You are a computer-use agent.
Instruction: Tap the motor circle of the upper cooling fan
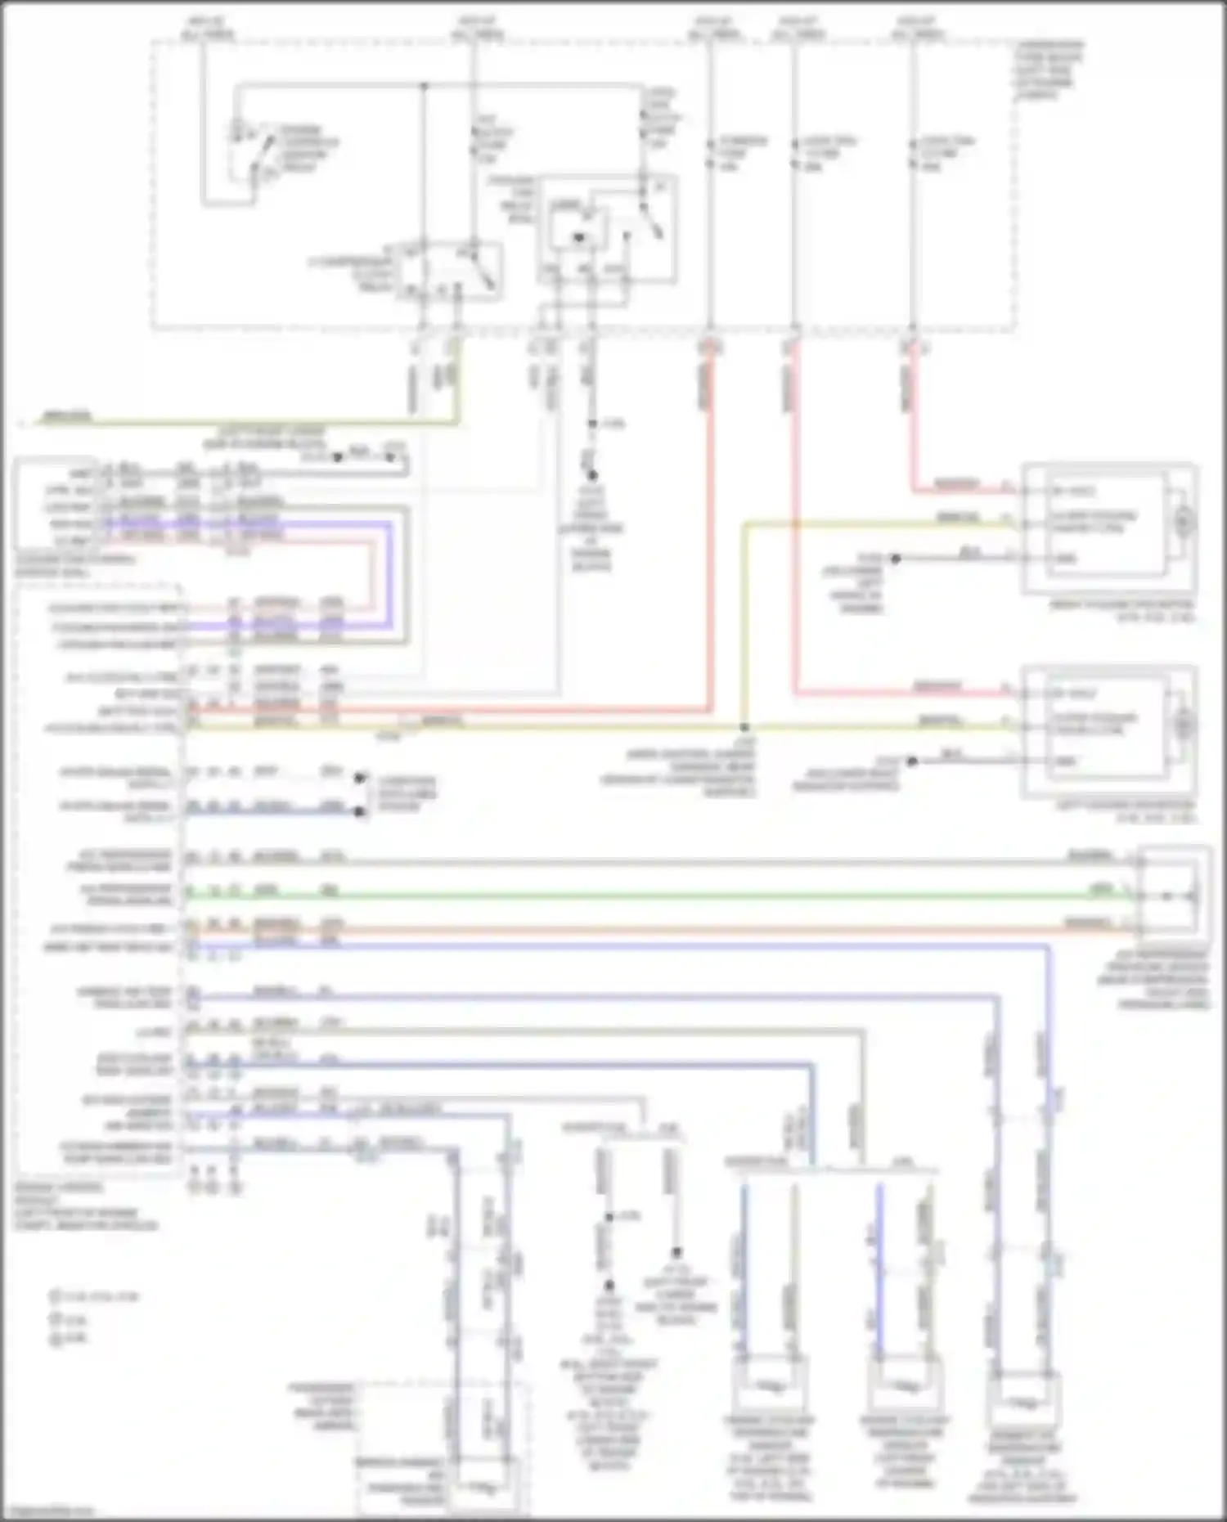click(1184, 521)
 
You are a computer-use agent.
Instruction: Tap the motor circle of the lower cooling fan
click(1184, 725)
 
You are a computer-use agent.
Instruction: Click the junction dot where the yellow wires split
click(744, 726)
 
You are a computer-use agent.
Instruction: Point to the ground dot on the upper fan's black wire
click(895, 559)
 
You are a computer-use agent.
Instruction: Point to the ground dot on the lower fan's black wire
click(911, 761)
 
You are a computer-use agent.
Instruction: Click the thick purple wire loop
click(389, 572)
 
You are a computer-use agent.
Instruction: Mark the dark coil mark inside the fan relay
click(578, 237)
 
